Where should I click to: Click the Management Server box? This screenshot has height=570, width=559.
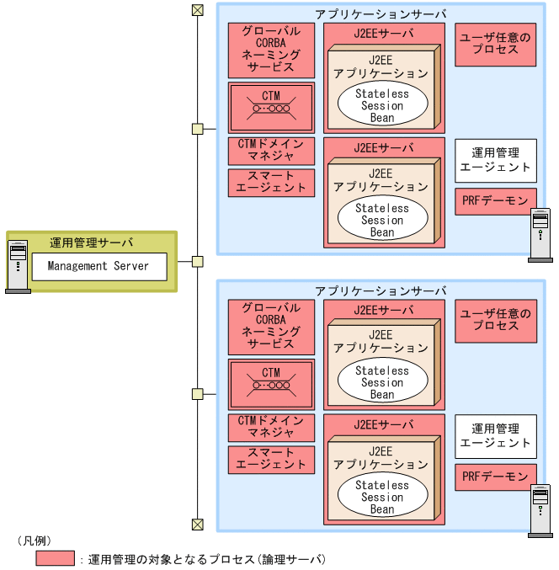click(98, 266)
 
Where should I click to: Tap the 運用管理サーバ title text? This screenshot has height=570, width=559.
click(92, 243)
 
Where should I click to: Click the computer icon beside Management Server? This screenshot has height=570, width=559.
click(18, 266)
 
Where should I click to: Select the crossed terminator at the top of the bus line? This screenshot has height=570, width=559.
click(198, 10)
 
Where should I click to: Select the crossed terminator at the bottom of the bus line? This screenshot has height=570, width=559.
click(198, 525)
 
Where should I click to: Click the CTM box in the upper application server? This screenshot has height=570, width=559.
click(271, 106)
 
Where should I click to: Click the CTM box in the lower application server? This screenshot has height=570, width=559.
click(271, 383)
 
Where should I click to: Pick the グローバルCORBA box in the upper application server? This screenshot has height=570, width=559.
click(271, 50)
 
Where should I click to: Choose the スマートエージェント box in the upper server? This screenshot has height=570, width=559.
click(271, 182)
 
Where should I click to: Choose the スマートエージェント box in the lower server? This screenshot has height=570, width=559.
click(271, 459)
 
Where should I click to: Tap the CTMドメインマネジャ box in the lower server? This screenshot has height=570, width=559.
click(271, 427)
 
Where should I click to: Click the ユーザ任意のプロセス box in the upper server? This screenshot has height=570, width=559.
click(496, 44)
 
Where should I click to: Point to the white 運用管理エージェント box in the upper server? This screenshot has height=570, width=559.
click(496, 160)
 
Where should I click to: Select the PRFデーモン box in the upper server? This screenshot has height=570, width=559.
click(496, 200)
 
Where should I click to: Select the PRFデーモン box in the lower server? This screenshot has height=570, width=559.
click(496, 476)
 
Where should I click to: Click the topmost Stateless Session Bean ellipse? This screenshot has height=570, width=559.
click(382, 105)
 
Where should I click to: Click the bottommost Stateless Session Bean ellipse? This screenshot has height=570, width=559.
click(382, 497)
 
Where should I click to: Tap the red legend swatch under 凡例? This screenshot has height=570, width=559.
click(55, 558)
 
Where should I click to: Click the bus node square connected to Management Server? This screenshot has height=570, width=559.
click(198, 261)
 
